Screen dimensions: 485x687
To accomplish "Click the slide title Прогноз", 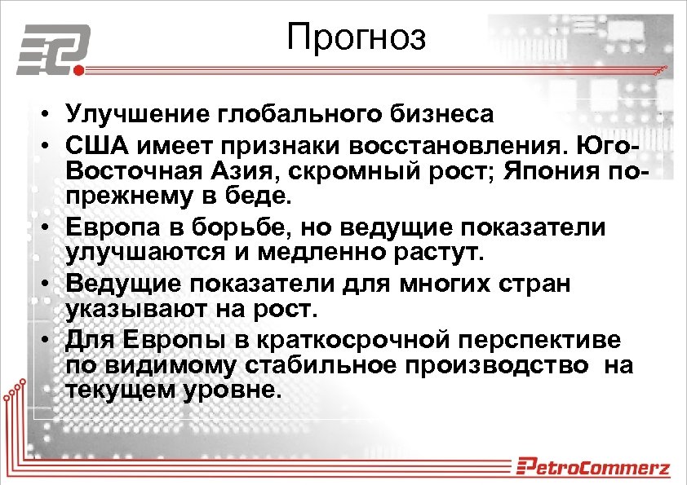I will pyautogui.click(x=357, y=37).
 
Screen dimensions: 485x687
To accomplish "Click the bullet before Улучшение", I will pyautogui.click(x=49, y=113).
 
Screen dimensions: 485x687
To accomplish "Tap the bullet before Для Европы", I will pyautogui.click(x=49, y=338).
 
